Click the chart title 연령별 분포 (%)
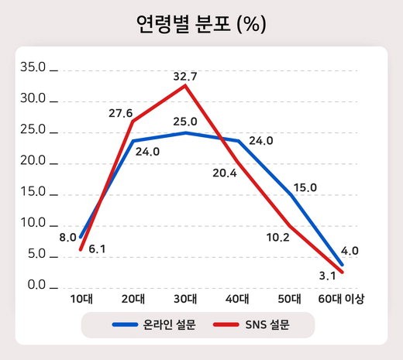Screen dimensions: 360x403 tap(201, 25)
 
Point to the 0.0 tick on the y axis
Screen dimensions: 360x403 tap(36, 286)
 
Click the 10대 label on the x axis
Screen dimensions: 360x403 tap(81, 299)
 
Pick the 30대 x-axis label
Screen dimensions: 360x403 tap(185, 299)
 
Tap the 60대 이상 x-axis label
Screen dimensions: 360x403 tap(342, 299)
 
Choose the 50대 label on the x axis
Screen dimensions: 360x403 tap(290, 299)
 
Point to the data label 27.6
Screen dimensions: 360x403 tap(120, 113)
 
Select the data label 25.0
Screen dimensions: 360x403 tap(184, 122)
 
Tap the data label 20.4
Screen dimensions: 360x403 tap(225, 173)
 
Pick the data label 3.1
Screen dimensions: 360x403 tap(327, 276)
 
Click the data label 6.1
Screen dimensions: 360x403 tap(97, 249)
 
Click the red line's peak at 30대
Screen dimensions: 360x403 tap(185, 85)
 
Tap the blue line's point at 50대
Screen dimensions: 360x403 tap(290, 194)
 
